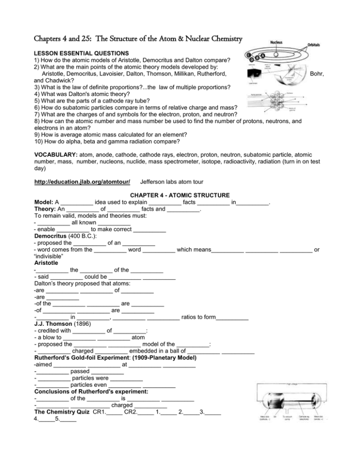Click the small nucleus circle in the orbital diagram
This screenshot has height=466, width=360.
coord(277,55)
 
